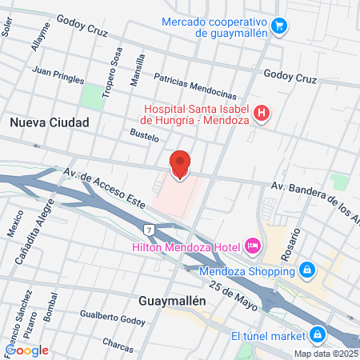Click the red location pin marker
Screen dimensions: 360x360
[180, 164]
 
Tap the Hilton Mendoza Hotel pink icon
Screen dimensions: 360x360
[253, 245]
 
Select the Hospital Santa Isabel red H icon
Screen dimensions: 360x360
[260, 114]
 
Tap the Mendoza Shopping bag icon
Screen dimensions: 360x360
[306, 270]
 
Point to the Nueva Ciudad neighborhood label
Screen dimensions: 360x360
[50, 122]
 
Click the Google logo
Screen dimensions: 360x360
[27, 350]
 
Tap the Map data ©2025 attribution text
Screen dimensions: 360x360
[325, 354]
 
